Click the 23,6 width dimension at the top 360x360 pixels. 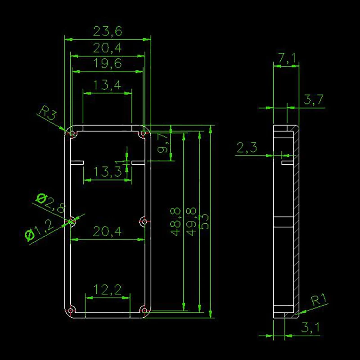(108, 31)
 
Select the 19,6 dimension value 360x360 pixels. (108, 63)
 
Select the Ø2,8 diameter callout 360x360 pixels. (51, 203)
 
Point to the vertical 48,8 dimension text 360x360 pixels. (176, 221)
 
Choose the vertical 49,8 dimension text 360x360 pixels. (191, 221)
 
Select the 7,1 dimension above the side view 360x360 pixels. (286, 58)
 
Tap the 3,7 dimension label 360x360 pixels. (314, 100)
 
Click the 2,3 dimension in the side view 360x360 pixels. (247, 147)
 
